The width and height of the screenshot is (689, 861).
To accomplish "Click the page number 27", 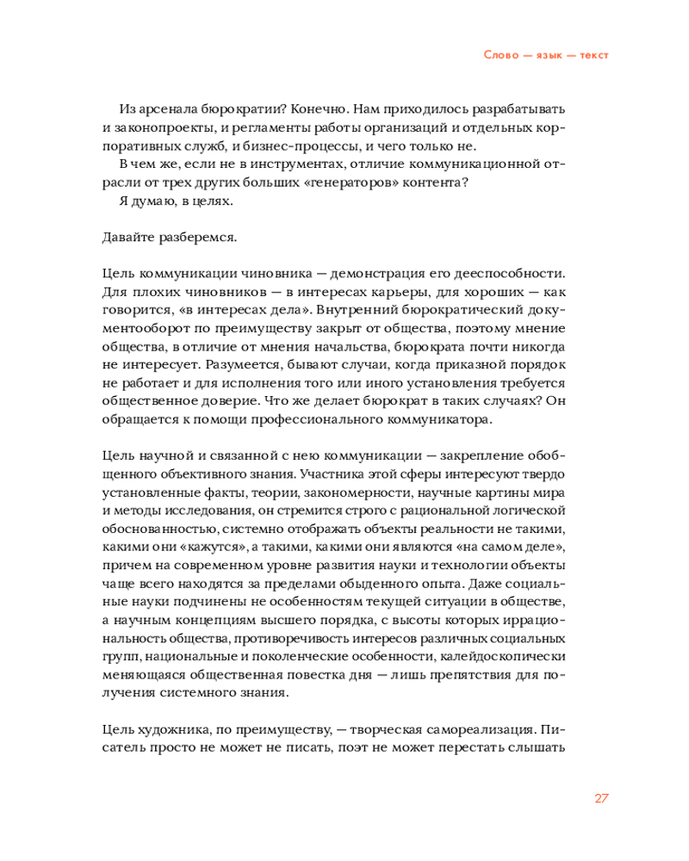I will point(602,797).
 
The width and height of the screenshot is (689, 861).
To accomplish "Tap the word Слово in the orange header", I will point(500,54).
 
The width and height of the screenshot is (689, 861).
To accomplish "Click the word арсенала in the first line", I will point(165,110).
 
